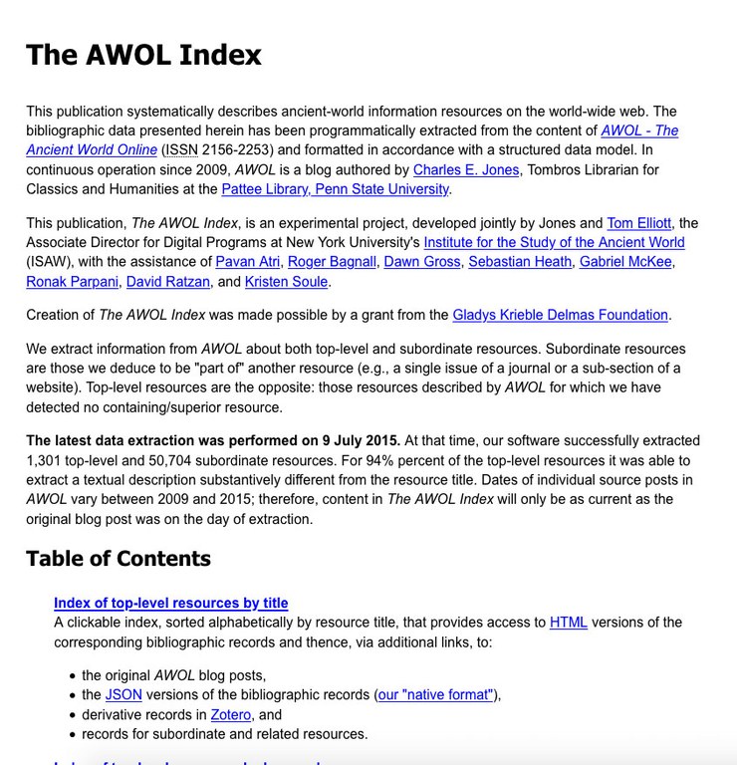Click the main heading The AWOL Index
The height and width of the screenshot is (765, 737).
point(143,55)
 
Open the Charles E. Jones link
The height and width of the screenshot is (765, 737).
point(466,170)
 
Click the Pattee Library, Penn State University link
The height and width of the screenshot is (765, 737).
point(335,189)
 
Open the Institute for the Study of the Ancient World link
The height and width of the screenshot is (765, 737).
point(554,243)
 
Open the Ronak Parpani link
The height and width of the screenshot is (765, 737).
point(72,282)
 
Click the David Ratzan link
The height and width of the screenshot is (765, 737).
point(167,282)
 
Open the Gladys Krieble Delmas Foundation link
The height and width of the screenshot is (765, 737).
point(560,315)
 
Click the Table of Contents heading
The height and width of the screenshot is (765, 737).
point(119,558)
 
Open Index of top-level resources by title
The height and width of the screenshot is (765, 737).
point(170,603)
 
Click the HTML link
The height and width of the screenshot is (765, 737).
point(568,623)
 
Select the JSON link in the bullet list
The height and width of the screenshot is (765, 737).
point(123,695)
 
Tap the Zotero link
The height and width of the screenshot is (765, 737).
point(230,714)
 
